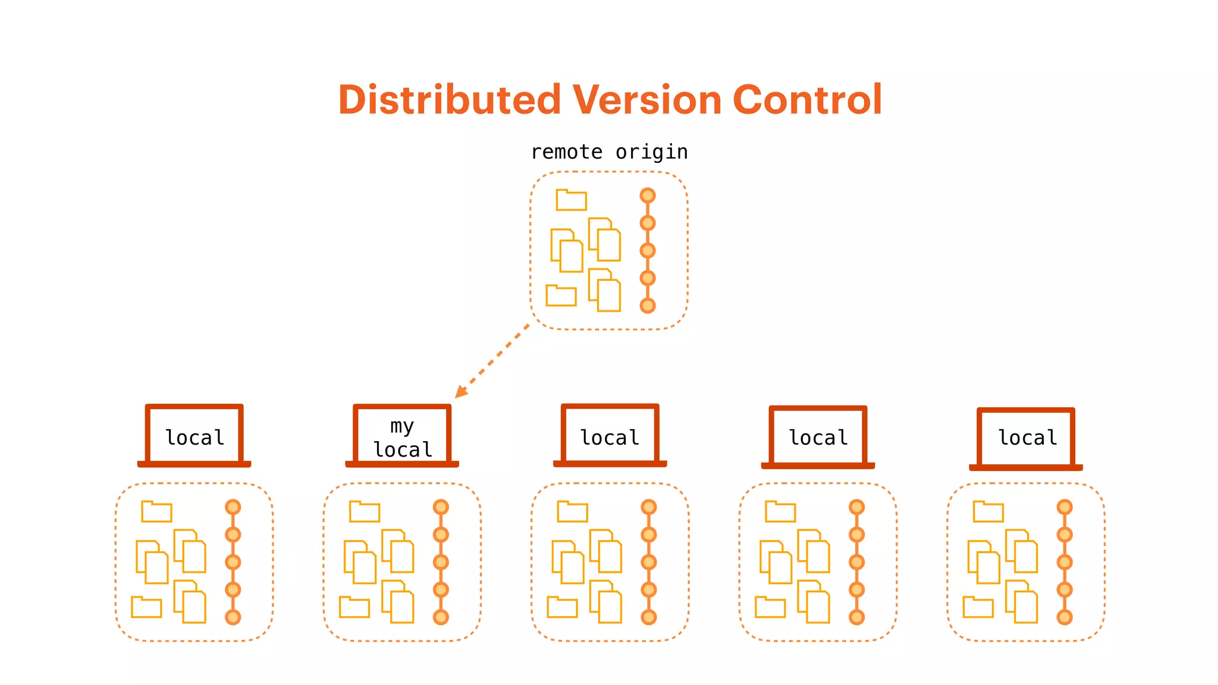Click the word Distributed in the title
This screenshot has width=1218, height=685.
tap(449, 100)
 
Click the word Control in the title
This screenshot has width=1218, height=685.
tap(807, 100)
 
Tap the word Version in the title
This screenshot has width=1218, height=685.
tap(647, 100)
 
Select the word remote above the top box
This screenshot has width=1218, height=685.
tap(566, 152)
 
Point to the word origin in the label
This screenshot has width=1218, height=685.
tap(651, 152)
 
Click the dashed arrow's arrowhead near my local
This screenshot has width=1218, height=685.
tap(460, 392)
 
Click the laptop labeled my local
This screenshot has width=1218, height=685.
tap(402, 436)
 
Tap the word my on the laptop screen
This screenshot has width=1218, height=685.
tap(401, 426)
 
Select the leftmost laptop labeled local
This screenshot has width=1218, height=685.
tap(194, 436)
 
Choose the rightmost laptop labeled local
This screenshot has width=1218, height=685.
tap(1026, 438)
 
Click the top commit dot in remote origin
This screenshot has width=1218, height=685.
tap(648, 196)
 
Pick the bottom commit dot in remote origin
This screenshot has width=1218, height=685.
tap(648, 306)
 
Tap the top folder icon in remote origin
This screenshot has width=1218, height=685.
tap(572, 200)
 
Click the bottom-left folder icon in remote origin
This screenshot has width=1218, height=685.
tap(561, 296)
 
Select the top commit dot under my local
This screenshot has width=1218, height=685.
tap(441, 507)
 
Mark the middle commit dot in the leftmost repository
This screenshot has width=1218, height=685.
tap(233, 562)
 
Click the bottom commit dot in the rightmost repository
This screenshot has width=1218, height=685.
tap(1065, 617)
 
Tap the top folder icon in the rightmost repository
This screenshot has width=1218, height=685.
tap(988, 512)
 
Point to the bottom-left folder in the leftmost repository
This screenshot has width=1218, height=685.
tap(146, 607)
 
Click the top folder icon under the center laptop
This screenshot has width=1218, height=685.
tap(572, 512)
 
